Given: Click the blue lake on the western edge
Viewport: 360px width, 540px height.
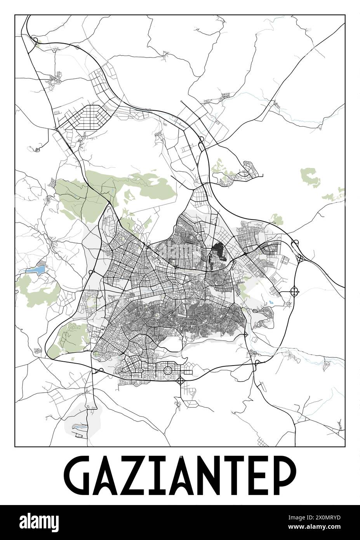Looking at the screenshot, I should [x=34, y=269].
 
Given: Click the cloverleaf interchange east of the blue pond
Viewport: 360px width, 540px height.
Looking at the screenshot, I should [x=294, y=291].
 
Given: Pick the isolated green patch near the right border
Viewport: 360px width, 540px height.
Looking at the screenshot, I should [x=311, y=177].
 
